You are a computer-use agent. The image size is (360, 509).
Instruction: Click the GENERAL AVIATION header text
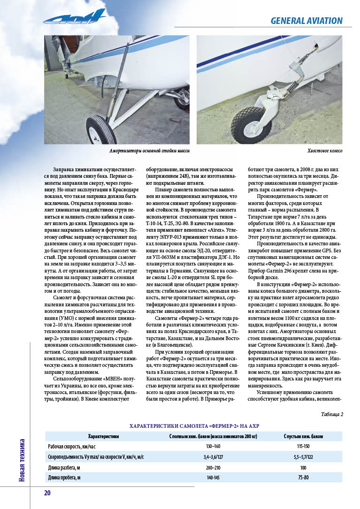tap(306, 21)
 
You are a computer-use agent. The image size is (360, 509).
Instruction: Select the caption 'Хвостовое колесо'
tap(325, 151)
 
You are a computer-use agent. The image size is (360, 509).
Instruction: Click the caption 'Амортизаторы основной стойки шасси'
tap(146, 151)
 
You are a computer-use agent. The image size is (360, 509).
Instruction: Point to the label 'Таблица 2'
tap(332, 414)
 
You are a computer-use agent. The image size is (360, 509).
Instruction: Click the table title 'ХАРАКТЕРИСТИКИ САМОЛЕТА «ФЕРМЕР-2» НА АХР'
tap(194, 425)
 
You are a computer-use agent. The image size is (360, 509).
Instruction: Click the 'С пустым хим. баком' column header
tap(303, 436)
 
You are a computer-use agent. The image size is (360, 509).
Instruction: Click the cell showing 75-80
tap(303, 478)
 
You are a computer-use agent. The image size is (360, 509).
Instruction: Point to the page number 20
tap(47, 493)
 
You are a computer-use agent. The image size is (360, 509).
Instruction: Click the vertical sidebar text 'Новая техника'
tap(22, 460)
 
